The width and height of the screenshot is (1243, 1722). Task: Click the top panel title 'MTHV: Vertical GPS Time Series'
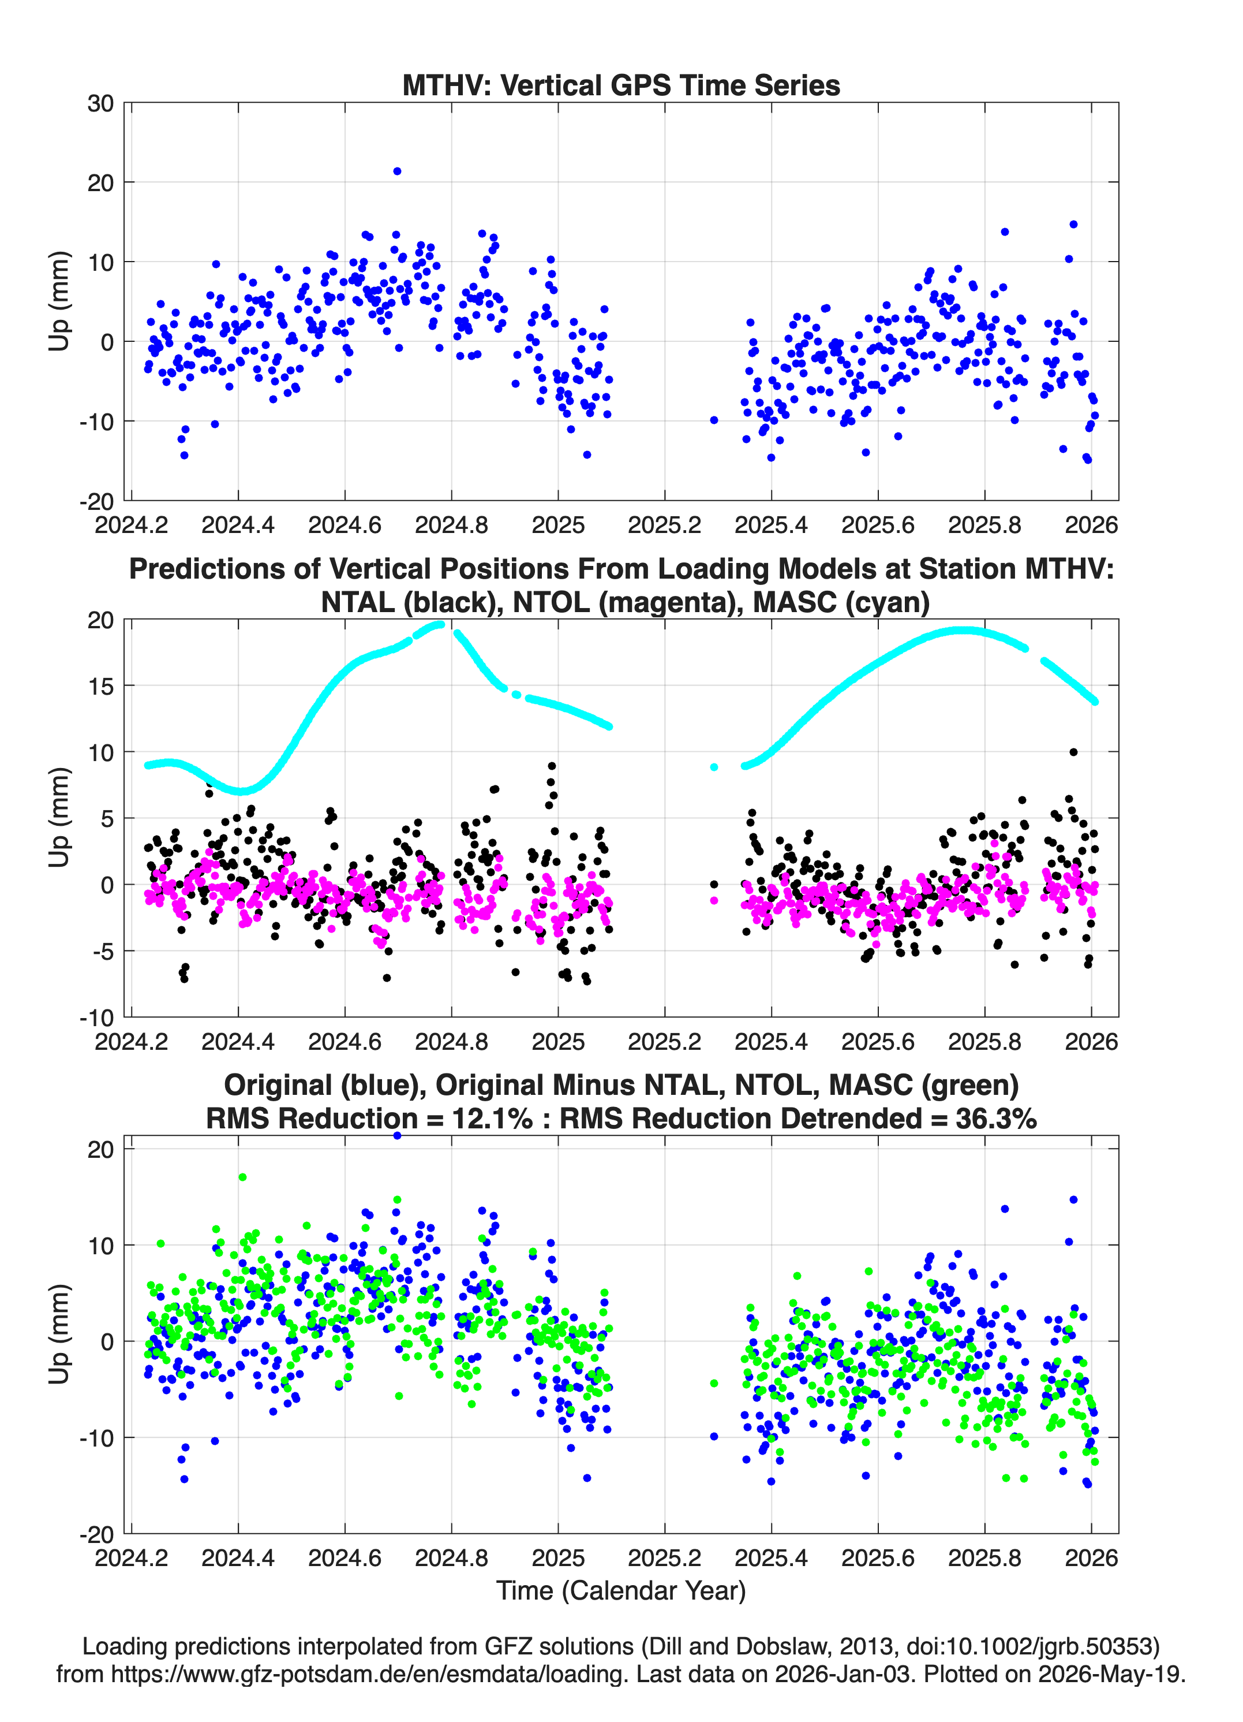tap(621, 85)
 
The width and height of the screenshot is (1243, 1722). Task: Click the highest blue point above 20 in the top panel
tap(397, 172)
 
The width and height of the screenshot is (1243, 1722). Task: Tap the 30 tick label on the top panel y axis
tap(100, 103)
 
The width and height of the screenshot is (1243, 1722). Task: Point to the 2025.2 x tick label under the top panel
tap(665, 525)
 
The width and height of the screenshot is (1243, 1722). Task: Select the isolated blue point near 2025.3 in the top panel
tap(714, 420)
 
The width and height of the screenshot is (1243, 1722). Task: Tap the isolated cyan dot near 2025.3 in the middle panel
tap(714, 767)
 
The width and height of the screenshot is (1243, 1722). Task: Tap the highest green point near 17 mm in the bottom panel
tap(243, 1177)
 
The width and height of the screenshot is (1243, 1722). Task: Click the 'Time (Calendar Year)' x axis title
tap(621, 1591)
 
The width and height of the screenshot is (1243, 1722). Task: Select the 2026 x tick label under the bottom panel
tap(1091, 1558)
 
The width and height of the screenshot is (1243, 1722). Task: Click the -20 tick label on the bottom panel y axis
tap(97, 1535)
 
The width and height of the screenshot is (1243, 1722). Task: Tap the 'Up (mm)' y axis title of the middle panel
tap(59, 818)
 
